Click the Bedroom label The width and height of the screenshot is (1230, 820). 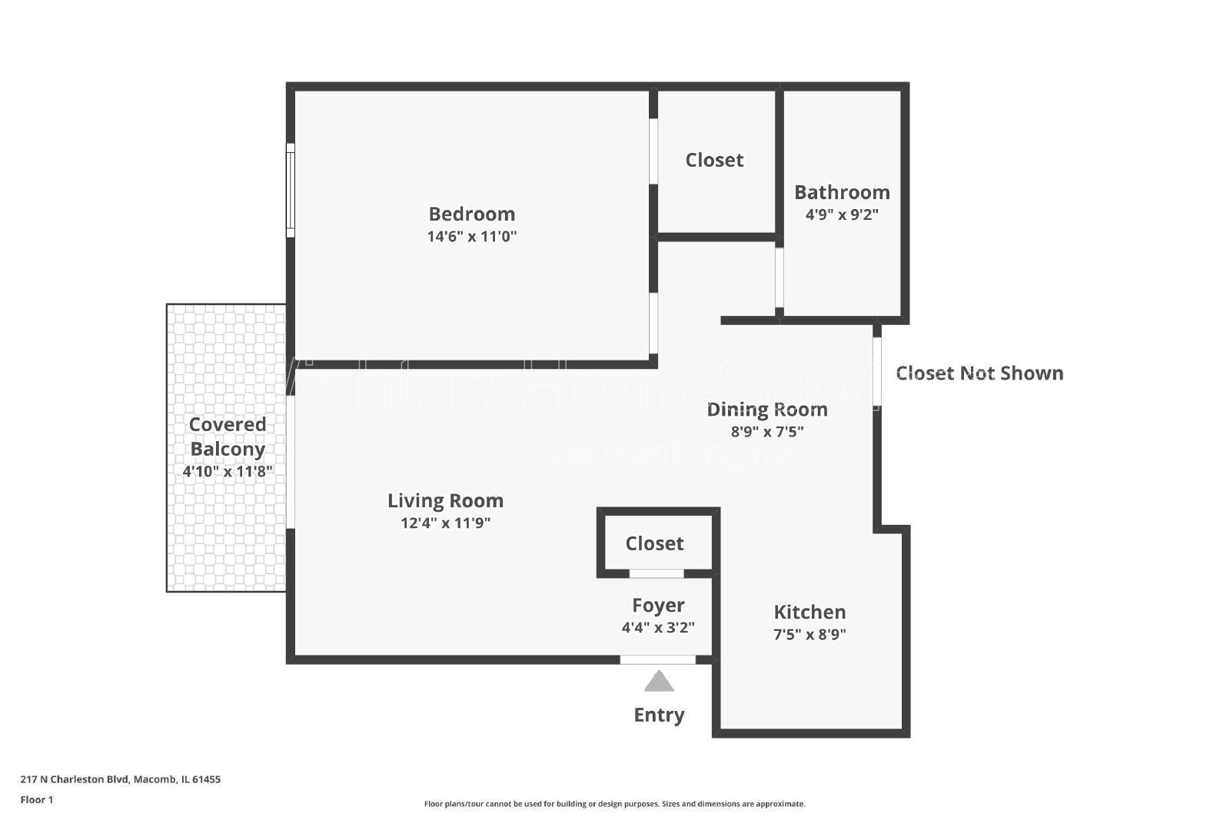click(x=471, y=214)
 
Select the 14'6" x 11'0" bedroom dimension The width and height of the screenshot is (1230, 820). click(x=471, y=237)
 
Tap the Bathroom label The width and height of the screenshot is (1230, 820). click(x=842, y=192)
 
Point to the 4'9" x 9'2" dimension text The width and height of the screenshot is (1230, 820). click(x=842, y=214)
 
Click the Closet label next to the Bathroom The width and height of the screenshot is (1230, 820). click(x=714, y=160)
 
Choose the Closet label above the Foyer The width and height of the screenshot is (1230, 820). click(x=654, y=543)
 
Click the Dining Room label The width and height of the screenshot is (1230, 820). click(x=767, y=409)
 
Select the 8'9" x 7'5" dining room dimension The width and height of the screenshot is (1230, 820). click(x=767, y=431)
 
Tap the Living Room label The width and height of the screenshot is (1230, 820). click(x=445, y=500)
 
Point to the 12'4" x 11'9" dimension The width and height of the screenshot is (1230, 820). click(x=445, y=523)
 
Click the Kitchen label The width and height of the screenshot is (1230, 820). click(x=809, y=612)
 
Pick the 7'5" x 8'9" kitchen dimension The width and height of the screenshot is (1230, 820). click(x=809, y=635)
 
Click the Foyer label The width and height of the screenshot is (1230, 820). click(x=658, y=606)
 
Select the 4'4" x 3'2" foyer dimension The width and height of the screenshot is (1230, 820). click(x=658, y=627)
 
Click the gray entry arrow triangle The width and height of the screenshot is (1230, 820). click(x=659, y=682)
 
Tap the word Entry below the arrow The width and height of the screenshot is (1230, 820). click(x=659, y=715)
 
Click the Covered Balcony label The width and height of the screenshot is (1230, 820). click(x=228, y=437)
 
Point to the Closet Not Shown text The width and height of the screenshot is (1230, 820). click(x=979, y=373)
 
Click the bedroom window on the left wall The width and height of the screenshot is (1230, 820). click(x=291, y=190)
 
